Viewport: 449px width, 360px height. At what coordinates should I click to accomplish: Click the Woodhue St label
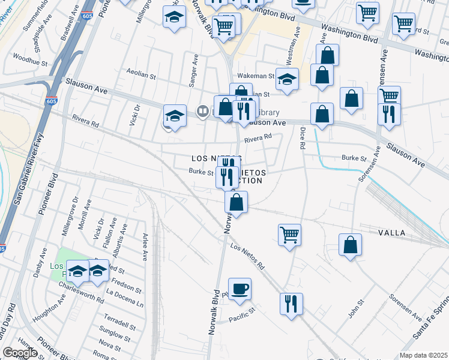(x=30, y=61)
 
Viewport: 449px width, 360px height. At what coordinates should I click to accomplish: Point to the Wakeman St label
(x=255, y=77)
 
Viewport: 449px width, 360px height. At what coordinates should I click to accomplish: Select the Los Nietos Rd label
(x=247, y=255)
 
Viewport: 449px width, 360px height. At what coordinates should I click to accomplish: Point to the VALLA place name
(x=391, y=232)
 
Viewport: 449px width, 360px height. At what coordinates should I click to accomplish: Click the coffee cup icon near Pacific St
(x=240, y=289)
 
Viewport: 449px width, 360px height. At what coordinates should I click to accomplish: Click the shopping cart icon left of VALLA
(x=289, y=234)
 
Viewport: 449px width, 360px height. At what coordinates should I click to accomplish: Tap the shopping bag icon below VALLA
(x=350, y=244)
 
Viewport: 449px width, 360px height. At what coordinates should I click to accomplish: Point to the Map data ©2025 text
(x=424, y=355)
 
